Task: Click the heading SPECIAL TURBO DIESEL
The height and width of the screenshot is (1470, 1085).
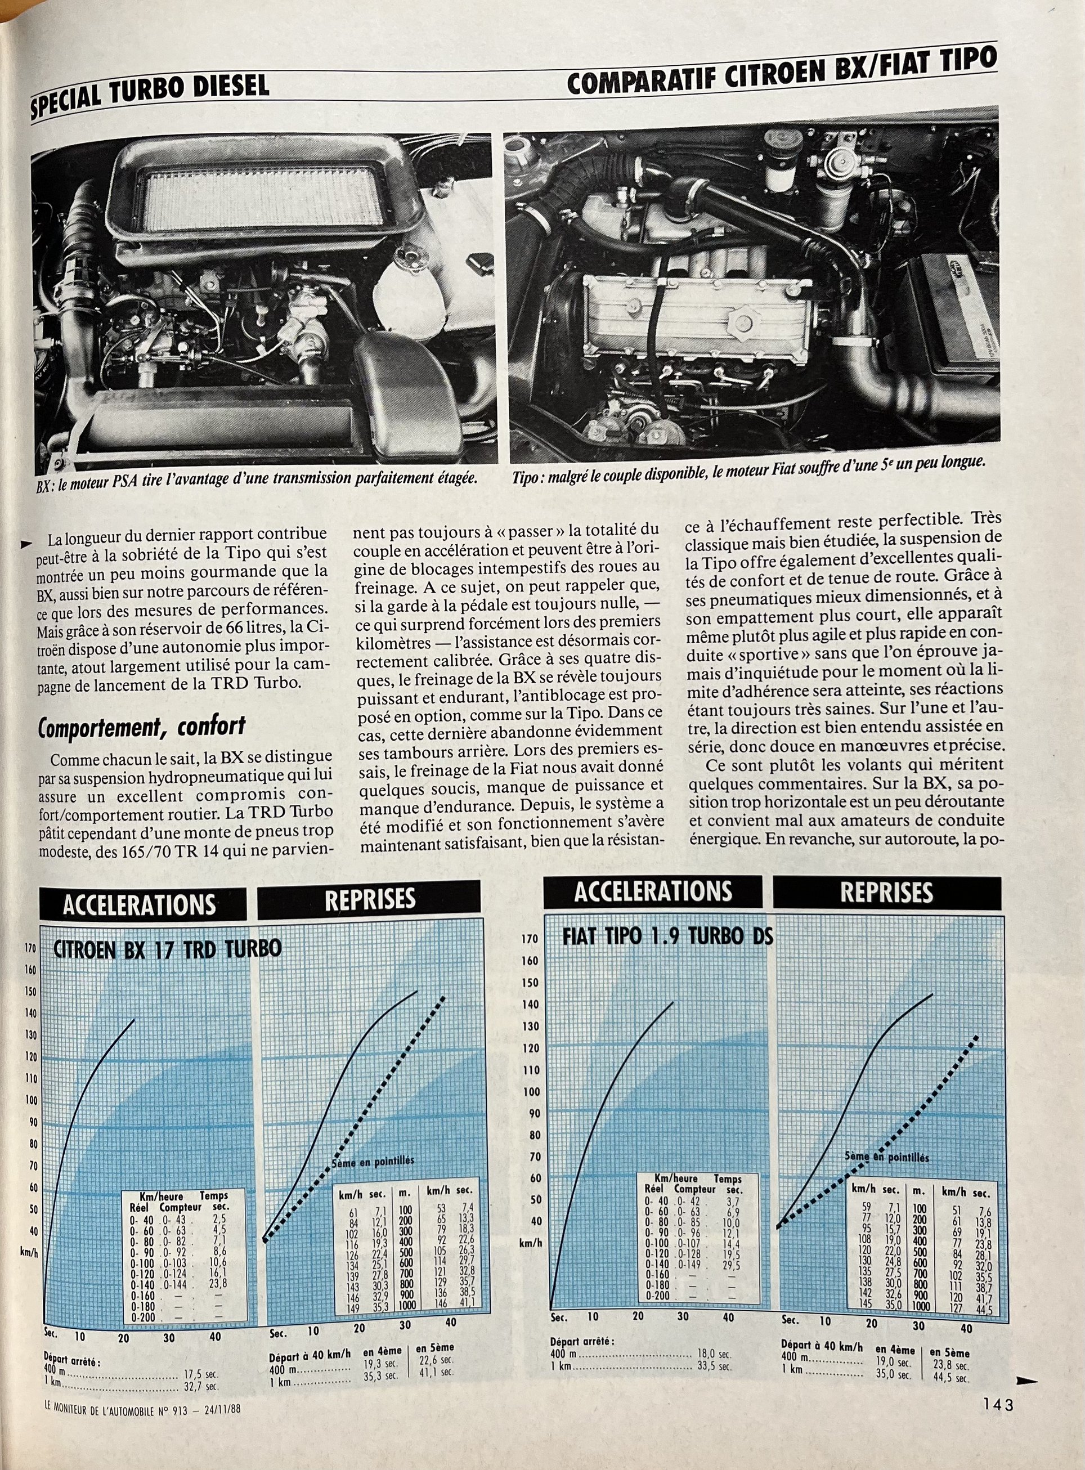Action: point(150,93)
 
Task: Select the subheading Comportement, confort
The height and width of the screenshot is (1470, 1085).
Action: point(141,726)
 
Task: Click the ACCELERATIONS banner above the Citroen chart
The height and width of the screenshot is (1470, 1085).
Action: point(139,905)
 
